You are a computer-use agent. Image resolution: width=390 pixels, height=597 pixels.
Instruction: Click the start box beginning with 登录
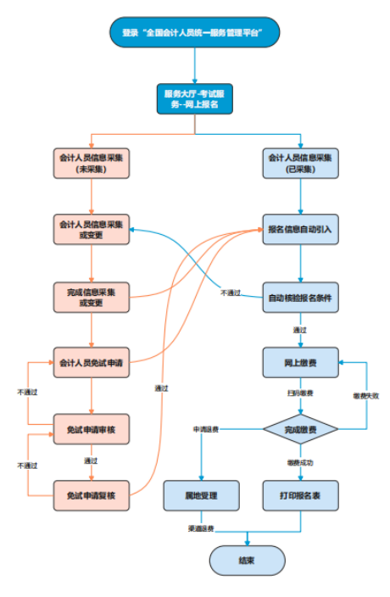[194, 32]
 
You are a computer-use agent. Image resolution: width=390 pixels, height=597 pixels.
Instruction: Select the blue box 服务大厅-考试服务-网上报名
[194, 98]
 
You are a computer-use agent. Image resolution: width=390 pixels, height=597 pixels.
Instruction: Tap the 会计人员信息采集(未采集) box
[92, 163]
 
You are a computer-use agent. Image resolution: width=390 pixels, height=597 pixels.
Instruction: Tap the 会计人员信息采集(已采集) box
[300, 163]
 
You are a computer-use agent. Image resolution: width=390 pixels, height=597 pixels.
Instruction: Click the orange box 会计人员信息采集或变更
[92, 230]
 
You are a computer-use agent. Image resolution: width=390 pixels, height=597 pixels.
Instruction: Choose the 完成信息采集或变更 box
[92, 296]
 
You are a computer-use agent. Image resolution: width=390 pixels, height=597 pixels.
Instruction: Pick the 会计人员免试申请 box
[92, 362]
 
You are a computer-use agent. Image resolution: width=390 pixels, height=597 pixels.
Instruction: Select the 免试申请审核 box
[92, 429]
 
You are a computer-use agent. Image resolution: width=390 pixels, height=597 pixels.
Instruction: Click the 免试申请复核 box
[92, 495]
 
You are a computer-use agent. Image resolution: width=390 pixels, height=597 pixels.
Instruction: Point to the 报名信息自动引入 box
[300, 230]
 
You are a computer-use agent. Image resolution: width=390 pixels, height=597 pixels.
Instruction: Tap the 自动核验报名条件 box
[300, 297]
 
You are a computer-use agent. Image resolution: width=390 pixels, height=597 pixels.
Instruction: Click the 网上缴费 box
[300, 362]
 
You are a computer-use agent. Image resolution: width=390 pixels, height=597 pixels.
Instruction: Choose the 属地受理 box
[201, 495]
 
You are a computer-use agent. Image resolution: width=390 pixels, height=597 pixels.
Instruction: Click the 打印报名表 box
[300, 495]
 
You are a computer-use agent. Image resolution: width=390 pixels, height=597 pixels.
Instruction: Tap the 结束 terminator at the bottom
[247, 561]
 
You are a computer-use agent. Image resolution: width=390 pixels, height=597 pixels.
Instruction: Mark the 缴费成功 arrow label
[299, 462]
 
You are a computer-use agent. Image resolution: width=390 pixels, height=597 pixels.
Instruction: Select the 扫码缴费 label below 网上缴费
[299, 394]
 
